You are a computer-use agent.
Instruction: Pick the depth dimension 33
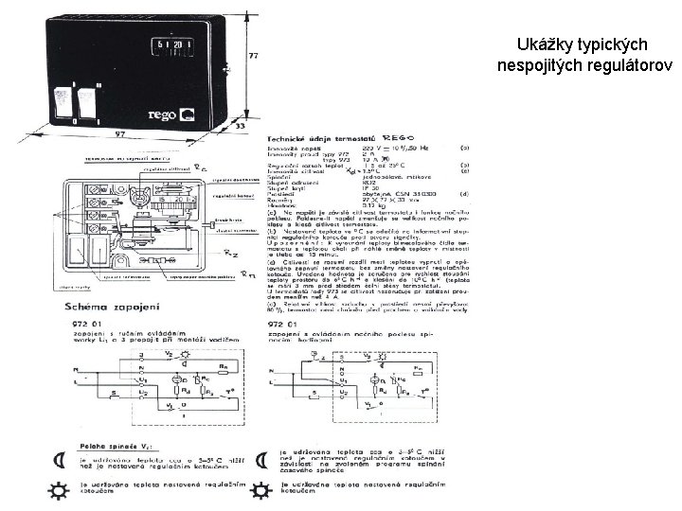[241, 126]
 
